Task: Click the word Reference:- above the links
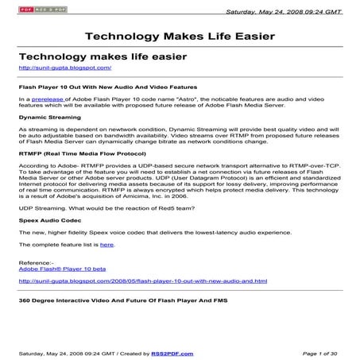[x=37, y=261]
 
